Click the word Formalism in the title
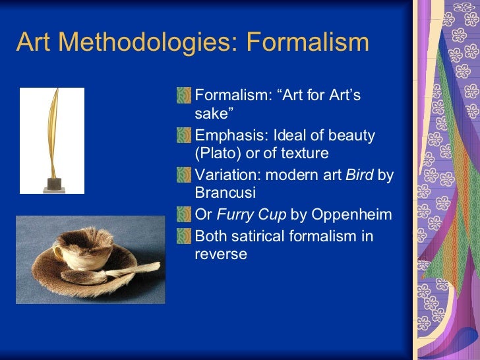[307, 43]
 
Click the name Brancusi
[225, 193]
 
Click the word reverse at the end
[221, 255]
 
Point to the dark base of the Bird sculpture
[53, 182]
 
